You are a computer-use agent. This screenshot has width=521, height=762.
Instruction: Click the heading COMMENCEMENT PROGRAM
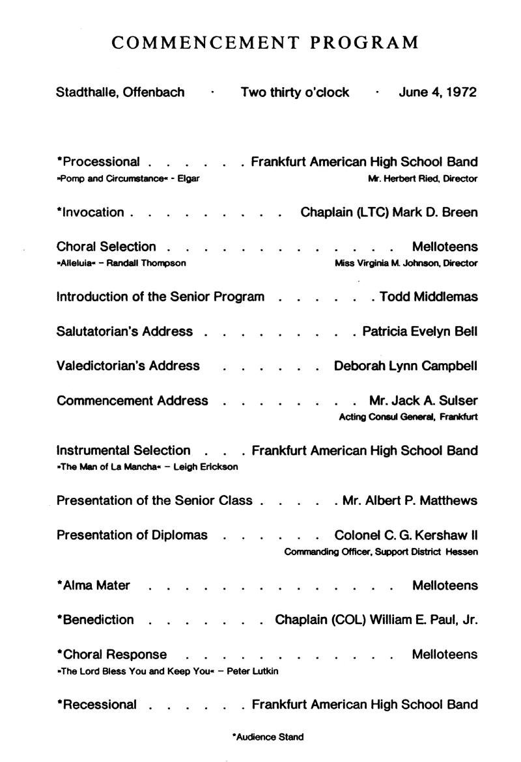pos(265,43)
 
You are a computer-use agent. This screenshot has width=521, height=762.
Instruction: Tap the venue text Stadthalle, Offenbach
pos(120,92)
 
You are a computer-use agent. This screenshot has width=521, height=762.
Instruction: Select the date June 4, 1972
pos(437,92)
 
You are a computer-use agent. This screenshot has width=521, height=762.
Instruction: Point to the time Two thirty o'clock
pos(294,92)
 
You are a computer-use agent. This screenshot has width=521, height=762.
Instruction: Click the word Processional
pos(101,162)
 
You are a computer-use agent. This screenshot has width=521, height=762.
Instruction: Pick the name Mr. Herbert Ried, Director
pos(422,178)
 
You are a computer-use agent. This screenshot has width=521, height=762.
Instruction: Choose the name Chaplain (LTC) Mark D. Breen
pos(389,212)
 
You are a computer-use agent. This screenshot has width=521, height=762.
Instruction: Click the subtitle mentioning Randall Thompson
pos(121,263)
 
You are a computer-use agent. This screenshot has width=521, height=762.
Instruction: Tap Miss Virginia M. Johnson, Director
pos(406,263)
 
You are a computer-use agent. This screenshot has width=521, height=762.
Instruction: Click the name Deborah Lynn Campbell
pos(405,366)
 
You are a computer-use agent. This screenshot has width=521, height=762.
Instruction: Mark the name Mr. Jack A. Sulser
pos(414,400)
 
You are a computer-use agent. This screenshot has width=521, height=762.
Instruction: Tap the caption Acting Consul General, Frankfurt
pos(408,416)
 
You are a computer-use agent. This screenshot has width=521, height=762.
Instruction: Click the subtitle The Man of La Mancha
pos(147,467)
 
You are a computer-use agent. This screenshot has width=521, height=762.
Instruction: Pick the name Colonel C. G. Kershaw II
pos(405,535)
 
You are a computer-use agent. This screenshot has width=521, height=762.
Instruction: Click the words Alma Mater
pos(96,585)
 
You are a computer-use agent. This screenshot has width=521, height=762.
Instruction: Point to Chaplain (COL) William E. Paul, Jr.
pos(376,619)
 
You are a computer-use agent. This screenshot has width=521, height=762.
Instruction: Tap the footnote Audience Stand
pos(268,737)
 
